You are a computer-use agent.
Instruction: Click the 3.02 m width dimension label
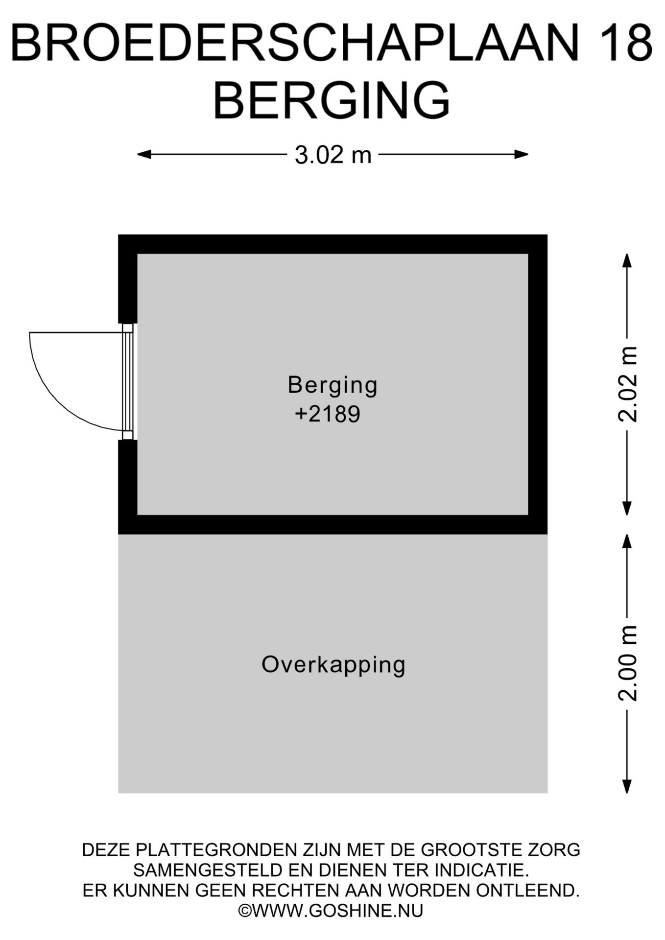coord(333,155)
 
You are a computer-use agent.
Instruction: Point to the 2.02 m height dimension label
coord(627,384)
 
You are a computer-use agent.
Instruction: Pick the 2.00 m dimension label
coord(627,663)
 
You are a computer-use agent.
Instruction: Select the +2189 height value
coord(328,415)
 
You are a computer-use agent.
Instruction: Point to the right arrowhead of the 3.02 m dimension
coord(522,155)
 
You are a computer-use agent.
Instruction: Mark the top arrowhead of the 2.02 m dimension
coord(627,260)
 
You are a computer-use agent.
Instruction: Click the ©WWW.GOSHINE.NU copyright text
coord(331,911)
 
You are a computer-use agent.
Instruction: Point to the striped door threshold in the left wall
coord(127,382)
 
